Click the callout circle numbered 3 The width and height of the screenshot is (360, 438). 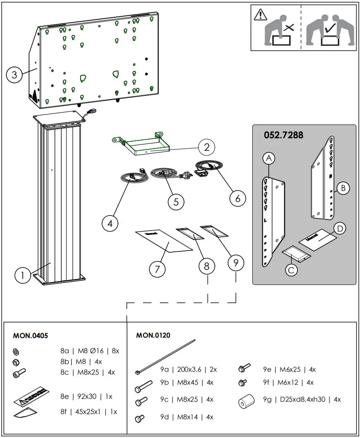click(14, 75)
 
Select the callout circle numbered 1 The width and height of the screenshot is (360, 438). click(22, 275)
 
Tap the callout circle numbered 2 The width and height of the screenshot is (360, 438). click(207, 147)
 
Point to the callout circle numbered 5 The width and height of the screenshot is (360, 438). click(176, 201)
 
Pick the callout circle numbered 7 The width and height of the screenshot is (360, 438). click(158, 269)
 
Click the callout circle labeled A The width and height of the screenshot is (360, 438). click(269, 159)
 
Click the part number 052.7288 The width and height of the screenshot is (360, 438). click(284, 135)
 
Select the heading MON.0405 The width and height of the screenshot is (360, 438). click(31, 335)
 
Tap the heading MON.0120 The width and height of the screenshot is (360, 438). click(153, 335)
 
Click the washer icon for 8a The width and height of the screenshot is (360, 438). click(16, 351)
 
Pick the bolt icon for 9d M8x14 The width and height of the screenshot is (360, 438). click(140, 418)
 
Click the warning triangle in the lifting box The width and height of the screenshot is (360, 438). click(261, 15)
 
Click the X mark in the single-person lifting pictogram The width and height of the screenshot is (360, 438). click(289, 29)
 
